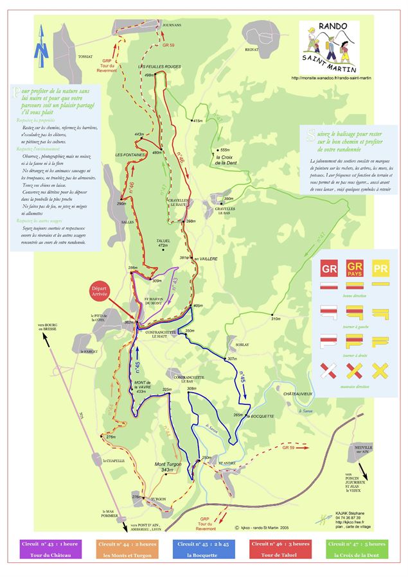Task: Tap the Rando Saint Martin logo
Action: coord(328,46)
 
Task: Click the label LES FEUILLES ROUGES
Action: coord(159,66)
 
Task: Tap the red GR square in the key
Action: coord(330,269)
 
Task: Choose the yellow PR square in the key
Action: coord(381,269)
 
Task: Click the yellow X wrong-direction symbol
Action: coord(380,370)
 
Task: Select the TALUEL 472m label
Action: coord(163,243)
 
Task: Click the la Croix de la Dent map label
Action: coord(227,160)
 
